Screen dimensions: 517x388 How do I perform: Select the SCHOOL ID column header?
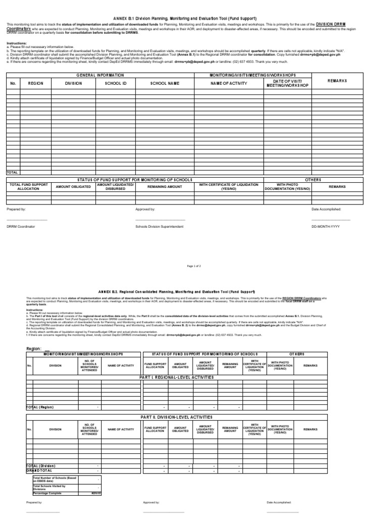[x=115, y=83]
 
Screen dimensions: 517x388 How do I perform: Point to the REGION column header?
[x=35, y=83]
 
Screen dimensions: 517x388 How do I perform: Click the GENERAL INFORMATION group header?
[x=100, y=75]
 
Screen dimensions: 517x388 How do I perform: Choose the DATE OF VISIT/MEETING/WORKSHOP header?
[x=287, y=83]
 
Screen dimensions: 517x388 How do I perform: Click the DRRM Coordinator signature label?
[x=21, y=227]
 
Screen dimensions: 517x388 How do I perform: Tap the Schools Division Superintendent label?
[x=159, y=227]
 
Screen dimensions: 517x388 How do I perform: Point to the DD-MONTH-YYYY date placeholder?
[x=325, y=227]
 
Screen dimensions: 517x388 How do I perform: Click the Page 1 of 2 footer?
[x=194, y=266]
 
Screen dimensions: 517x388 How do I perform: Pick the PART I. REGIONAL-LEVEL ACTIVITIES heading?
[x=177, y=377]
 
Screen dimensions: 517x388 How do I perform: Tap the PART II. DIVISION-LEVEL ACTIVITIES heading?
[x=176, y=417]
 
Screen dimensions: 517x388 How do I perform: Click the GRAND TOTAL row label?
[x=40, y=470]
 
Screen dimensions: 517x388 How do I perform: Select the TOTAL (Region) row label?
[x=40, y=407]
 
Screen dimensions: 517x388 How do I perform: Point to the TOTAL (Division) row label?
[x=41, y=466]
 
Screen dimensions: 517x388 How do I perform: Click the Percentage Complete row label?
[x=47, y=493]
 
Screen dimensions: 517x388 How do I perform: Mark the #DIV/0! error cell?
[x=96, y=493]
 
